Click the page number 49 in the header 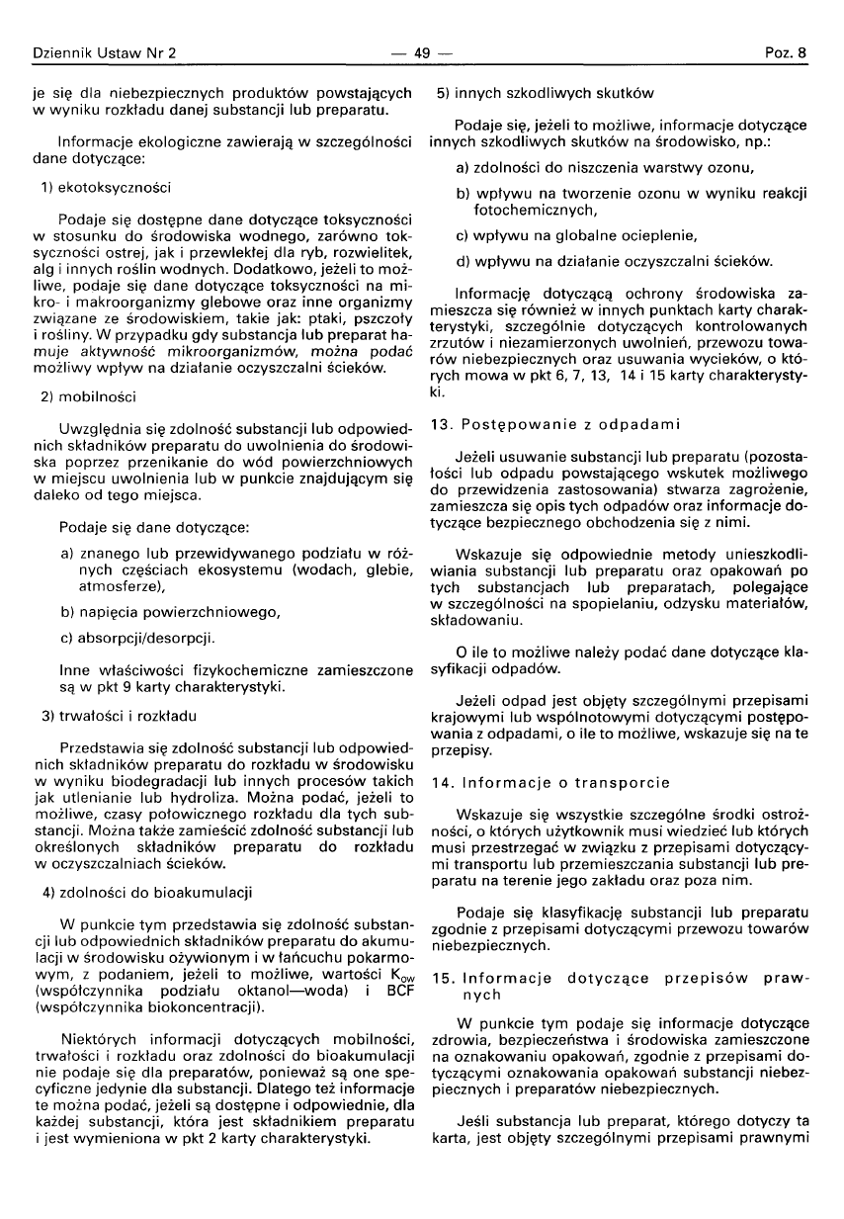pyautogui.click(x=422, y=52)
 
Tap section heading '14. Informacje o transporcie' pyautogui.click(x=550, y=782)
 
